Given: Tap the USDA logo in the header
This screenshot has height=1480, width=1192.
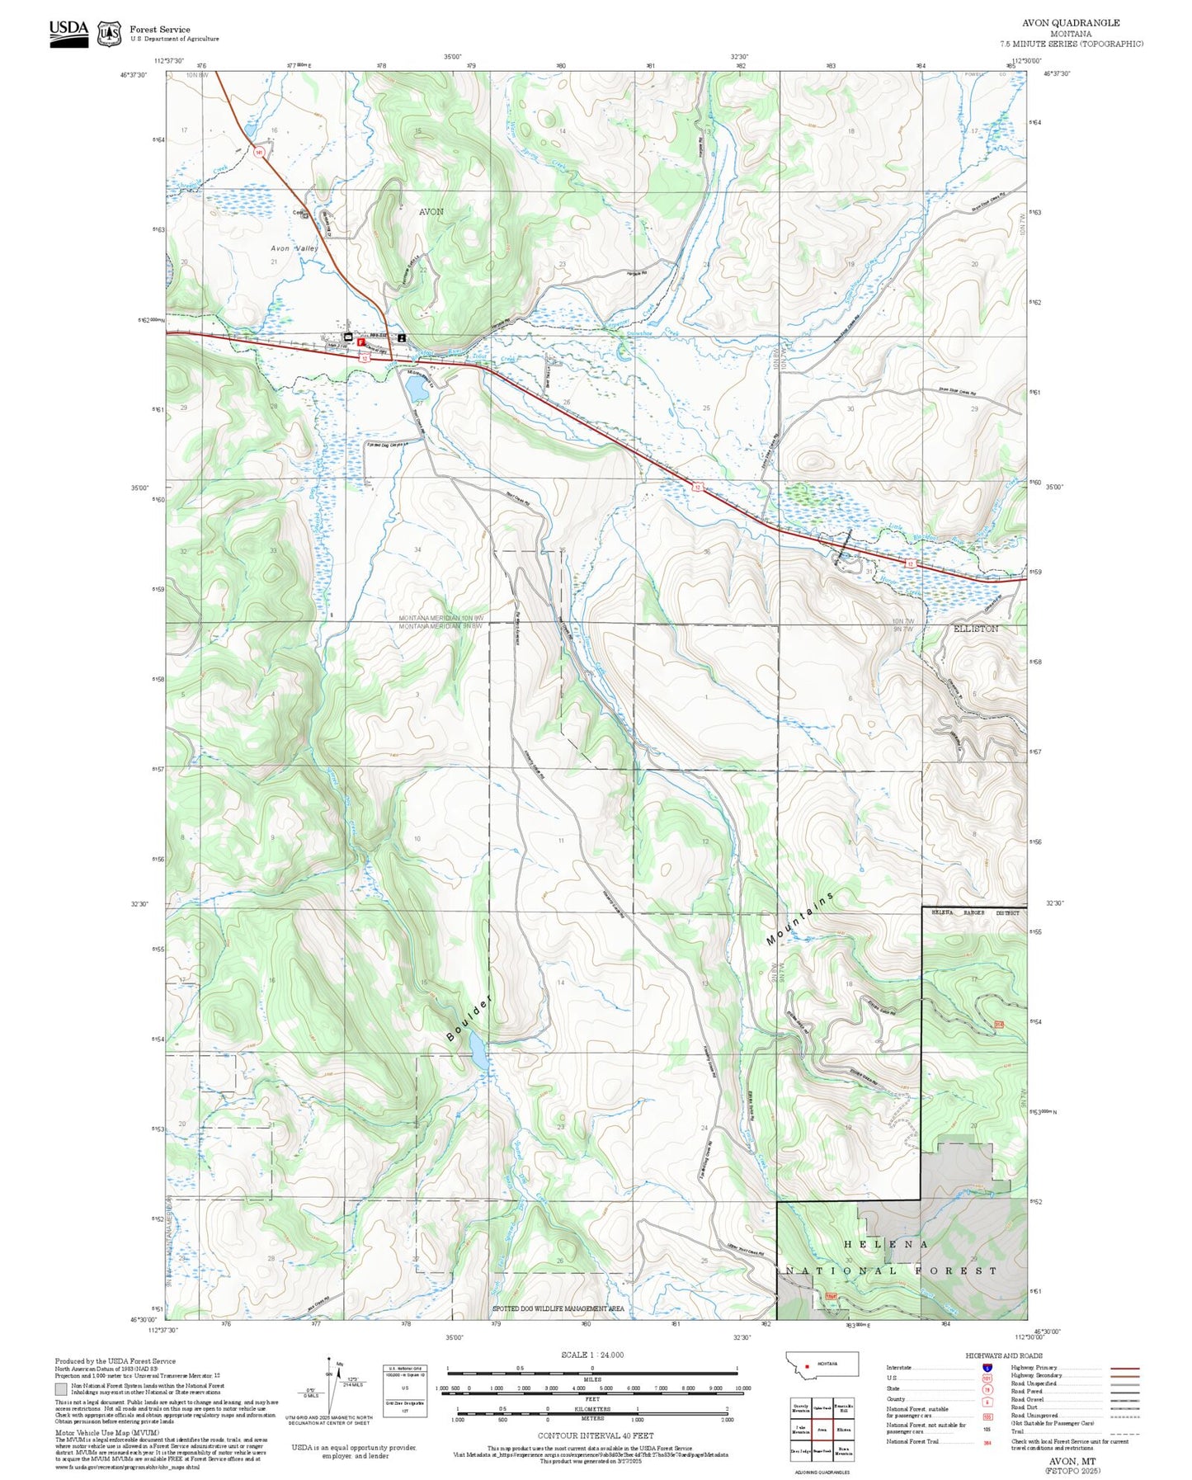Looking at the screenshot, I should coord(68,32).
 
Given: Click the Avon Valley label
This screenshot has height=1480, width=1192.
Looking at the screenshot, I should coord(294,248).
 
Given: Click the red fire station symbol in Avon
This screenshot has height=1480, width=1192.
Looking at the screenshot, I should coord(361,341).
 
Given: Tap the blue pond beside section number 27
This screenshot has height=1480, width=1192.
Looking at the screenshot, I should coord(416,385).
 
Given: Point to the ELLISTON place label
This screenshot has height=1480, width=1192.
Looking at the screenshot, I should coord(976,629).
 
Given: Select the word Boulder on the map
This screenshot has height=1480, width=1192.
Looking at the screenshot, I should coord(469,1018).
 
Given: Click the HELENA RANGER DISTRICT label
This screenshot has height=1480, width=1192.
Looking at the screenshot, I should coord(975,913).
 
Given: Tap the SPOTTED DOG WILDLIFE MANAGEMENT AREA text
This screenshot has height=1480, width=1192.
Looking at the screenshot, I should coord(558,1309).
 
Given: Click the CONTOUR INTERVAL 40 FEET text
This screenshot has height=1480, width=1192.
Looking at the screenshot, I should coord(595,1436).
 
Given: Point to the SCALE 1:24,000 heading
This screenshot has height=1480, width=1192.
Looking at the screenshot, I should coord(592,1355).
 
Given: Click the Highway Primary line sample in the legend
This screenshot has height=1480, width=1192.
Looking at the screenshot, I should coord(1125,1368).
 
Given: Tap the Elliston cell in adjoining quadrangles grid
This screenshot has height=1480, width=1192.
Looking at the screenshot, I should coord(843,1430).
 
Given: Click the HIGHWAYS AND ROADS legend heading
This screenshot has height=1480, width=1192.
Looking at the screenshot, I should coord(1004,1356).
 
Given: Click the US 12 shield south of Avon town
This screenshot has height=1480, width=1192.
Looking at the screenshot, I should coord(364,358).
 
